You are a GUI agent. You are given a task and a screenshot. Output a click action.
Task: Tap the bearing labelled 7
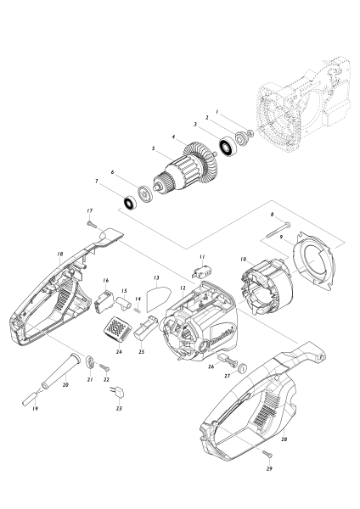[x=130, y=204]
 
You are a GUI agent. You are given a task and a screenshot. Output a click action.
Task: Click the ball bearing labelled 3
[x=228, y=148]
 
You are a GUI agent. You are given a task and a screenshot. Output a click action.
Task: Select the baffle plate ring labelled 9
[x=315, y=258]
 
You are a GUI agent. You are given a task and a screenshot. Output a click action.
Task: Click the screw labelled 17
[x=90, y=223]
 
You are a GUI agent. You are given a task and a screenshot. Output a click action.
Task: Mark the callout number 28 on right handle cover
[x=284, y=441]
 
